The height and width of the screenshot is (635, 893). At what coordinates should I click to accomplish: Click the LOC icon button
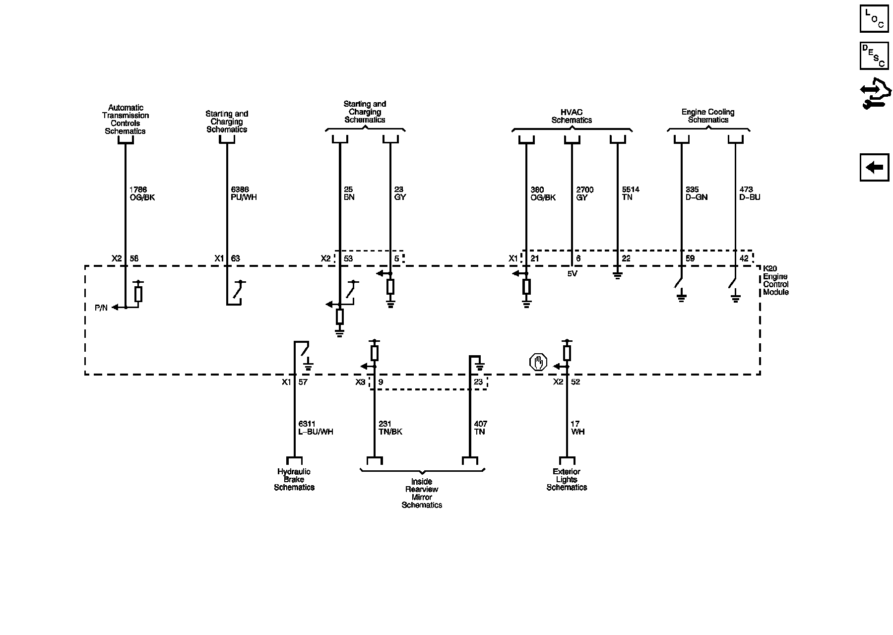[874, 19]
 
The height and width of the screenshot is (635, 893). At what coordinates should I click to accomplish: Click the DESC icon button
[874, 56]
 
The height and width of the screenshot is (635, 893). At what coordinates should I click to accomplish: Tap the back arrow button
[874, 168]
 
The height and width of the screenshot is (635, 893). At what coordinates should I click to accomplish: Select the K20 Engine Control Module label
[775, 280]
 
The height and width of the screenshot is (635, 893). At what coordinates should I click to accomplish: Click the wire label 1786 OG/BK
[142, 193]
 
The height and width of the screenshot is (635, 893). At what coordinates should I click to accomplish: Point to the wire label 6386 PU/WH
[244, 193]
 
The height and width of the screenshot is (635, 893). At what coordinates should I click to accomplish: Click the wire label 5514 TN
[631, 193]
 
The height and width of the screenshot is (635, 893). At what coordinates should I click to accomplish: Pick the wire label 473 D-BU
[749, 193]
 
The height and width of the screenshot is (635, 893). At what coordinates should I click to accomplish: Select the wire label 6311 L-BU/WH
[316, 428]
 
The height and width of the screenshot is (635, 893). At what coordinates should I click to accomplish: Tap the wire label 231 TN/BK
[390, 428]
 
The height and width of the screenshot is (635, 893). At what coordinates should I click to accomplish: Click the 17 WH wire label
[577, 428]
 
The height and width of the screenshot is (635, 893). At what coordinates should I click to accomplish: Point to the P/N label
[101, 308]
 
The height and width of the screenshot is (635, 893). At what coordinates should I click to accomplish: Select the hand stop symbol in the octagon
[538, 363]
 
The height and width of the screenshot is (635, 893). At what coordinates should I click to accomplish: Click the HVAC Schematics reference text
[572, 116]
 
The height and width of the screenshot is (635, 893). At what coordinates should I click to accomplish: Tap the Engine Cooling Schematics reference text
[708, 116]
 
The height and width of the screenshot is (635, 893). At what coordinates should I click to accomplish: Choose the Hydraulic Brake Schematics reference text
[294, 479]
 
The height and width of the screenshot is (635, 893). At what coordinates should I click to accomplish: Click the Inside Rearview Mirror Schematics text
[422, 493]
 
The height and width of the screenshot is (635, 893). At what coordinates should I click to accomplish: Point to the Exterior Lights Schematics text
[567, 479]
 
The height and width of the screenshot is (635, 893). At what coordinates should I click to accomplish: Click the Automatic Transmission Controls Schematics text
[126, 119]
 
